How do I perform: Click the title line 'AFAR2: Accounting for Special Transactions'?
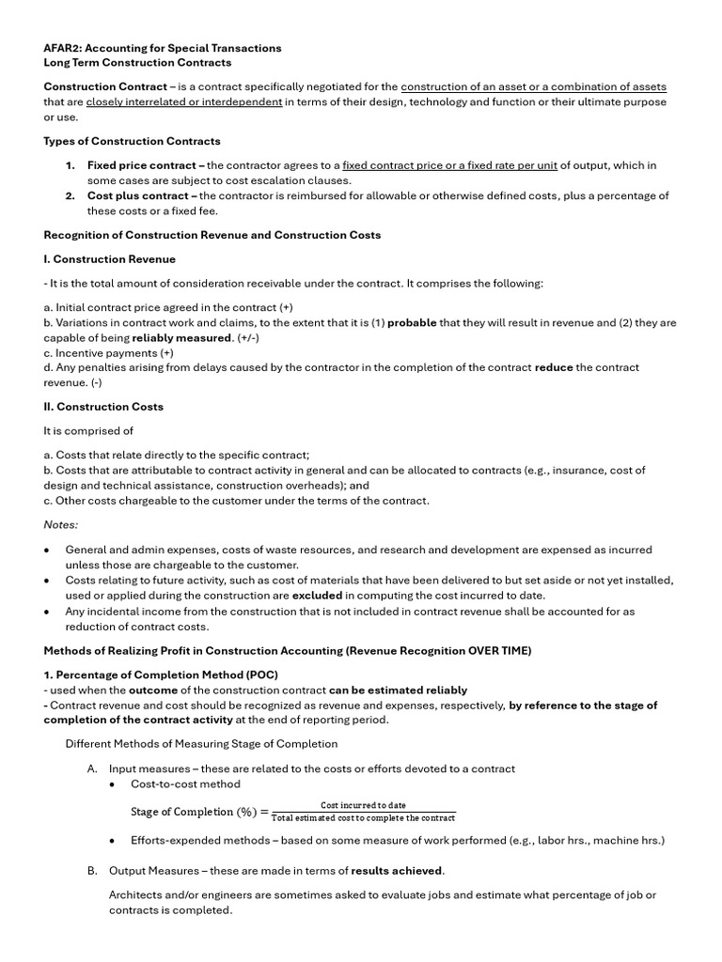pyautogui.click(x=163, y=48)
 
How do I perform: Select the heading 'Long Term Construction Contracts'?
pyautogui.click(x=137, y=63)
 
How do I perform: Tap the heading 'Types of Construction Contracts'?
pyautogui.click(x=133, y=141)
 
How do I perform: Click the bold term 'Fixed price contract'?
pyautogui.click(x=142, y=165)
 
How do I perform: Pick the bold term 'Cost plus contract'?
pyautogui.click(x=138, y=195)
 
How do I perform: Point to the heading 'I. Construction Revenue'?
pyautogui.click(x=109, y=258)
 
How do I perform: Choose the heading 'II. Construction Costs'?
pyautogui.click(x=103, y=407)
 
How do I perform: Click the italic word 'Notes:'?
pyautogui.click(x=61, y=524)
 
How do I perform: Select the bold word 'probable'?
pyautogui.click(x=412, y=322)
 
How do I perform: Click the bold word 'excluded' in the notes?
pyautogui.click(x=317, y=596)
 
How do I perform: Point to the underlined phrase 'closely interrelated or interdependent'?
pyautogui.click(x=184, y=101)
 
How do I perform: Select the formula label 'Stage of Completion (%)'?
pyautogui.click(x=193, y=812)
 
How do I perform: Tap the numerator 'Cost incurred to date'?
pyautogui.click(x=363, y=805)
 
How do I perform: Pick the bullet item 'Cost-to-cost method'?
pyautogui.click(x=185, y=784)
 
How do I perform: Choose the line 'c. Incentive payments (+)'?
pyautogui.click(x=108, y=352)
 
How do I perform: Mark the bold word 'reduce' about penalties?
pyautogui.click(x=553, y=367)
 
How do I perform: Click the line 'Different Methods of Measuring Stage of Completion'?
pyautogui.click(x=200, y=744)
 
